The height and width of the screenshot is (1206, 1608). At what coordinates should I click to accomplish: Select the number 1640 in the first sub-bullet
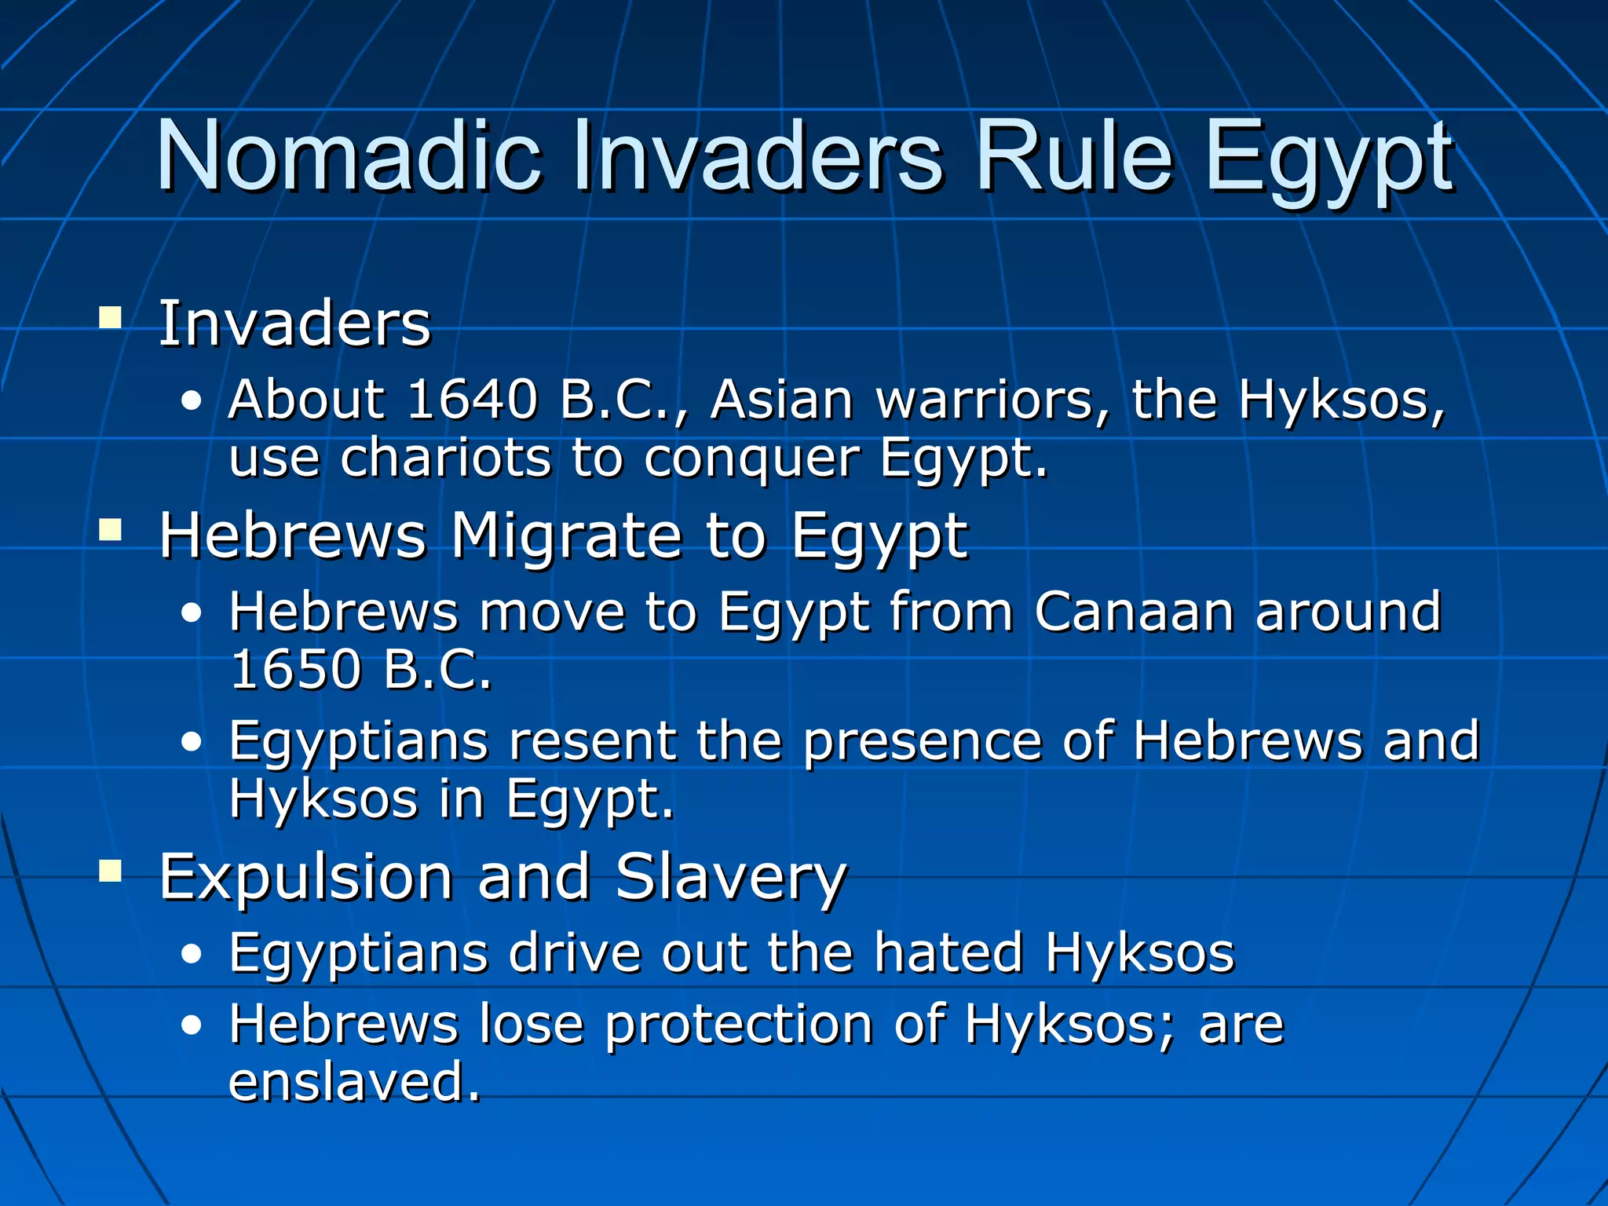point(472,400)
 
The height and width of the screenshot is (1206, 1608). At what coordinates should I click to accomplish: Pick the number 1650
point(295,670)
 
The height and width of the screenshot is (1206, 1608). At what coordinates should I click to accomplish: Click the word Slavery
point(731,877)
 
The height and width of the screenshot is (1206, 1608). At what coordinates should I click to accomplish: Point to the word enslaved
point(353,1082)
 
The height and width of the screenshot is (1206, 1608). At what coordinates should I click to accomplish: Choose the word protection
point(739,1025)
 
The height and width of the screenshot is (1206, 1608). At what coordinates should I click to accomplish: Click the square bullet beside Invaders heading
point(111,318)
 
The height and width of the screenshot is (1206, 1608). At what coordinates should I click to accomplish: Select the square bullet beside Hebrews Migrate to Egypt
point(111,531)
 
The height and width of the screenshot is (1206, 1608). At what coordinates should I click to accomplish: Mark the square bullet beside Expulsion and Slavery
point(111,871)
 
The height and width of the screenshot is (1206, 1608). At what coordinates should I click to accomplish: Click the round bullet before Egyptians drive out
point(192,955)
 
